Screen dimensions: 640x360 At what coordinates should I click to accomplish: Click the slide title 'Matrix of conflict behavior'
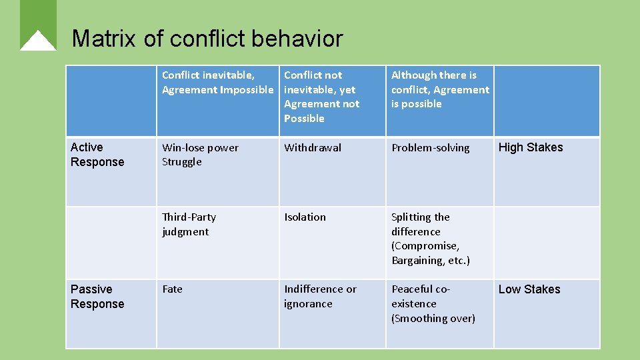207,39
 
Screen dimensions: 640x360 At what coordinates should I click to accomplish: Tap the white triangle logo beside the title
38,41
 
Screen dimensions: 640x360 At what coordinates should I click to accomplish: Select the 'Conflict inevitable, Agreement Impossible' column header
217,83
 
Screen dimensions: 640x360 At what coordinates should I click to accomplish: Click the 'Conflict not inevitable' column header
321,97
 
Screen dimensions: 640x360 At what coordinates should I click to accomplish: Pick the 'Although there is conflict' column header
439,89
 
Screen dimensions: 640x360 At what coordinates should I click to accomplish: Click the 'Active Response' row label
97,155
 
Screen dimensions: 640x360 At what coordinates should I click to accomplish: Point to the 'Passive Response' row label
97,297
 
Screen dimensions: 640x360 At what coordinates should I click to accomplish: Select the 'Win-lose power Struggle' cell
200,155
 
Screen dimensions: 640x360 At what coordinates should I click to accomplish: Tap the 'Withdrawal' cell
313,148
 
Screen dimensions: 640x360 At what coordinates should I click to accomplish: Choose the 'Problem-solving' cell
430,148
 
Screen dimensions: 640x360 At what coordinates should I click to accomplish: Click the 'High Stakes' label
531,148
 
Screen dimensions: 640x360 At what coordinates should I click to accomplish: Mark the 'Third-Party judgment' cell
189,225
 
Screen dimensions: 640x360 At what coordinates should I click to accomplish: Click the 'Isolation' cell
305,217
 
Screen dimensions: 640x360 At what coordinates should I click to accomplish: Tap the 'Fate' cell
172,289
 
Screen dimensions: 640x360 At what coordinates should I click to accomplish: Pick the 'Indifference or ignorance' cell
320,297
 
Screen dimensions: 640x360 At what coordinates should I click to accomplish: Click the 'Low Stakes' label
529,289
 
